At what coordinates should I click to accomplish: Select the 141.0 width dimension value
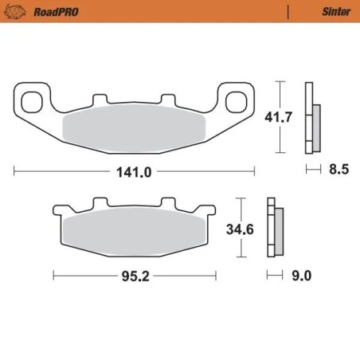pyautogui.click(x=135, y=170)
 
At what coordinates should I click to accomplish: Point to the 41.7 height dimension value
pyautogui.click(x=276, y=116)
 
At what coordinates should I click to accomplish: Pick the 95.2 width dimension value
pyautogui.click(x=135, y=276)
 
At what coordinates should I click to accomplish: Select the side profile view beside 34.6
pyautogui.click(x=275, y=229)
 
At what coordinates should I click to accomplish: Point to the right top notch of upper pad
pyautogui.click(x=168, y=100)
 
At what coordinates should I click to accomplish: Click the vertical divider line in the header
pyautogui.click(x=287, y=12)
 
